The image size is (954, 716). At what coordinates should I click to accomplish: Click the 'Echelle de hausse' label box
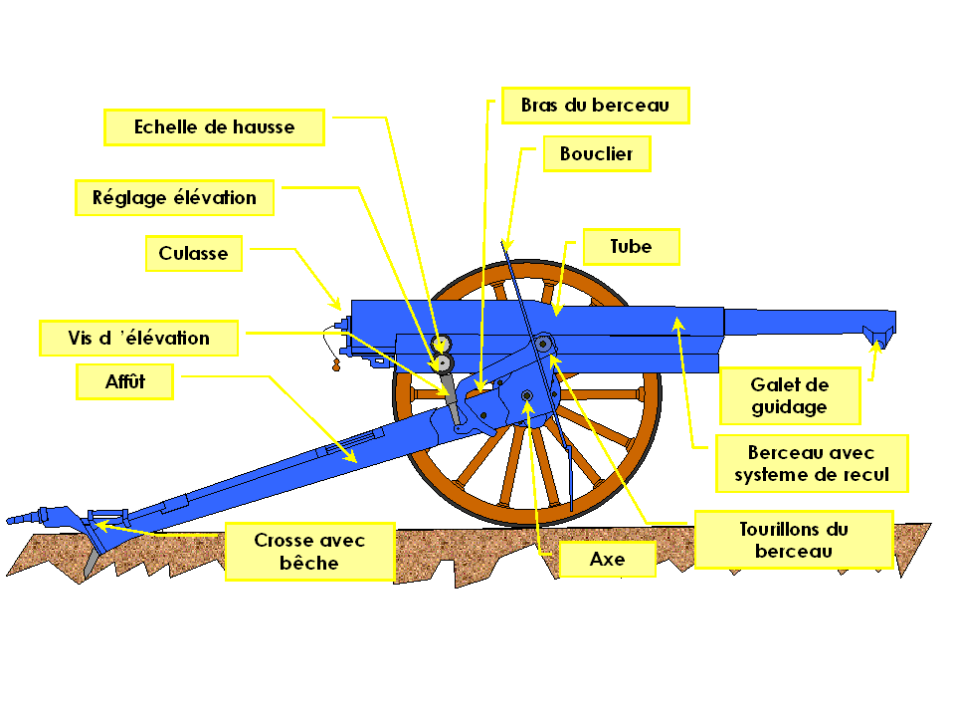coord(214,127)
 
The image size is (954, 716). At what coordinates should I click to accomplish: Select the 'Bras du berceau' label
coord(595,105)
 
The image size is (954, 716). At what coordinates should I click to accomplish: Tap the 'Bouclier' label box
coord(596,154)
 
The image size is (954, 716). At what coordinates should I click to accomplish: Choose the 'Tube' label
coord(631,246)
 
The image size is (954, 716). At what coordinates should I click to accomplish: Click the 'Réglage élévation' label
coord(174,197)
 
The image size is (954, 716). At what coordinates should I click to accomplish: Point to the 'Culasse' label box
coord(193,253)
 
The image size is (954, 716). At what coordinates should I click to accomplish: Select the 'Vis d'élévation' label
coord(138,338)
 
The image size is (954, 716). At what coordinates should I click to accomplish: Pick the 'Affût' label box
coord(125,381)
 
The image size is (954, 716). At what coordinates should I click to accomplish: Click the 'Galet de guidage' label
coord(789,395)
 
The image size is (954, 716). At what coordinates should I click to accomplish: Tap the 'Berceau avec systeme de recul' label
coord(812,463)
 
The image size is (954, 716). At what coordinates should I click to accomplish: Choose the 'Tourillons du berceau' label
coord(793,539)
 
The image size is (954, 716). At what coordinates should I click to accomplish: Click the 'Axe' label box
coord(607,559)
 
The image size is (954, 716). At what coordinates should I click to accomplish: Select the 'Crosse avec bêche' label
coord(309,551)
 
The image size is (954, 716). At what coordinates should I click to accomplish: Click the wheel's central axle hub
coord(526,398)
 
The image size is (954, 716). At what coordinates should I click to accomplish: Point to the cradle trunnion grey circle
coord(543,345)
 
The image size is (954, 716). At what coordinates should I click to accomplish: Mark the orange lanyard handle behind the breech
coord(334,366)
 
